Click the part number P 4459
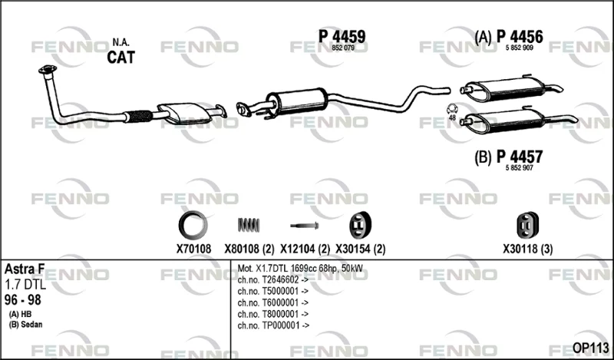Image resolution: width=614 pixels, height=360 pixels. tap(342, 36)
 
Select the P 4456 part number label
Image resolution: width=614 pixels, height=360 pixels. tap(520, 37)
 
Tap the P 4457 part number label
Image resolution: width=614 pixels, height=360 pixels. tap(520, 157)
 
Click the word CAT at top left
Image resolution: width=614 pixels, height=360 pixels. tap(121, 58)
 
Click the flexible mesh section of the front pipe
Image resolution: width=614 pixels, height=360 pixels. tap(140, 116)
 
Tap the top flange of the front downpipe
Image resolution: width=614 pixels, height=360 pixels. tap(48, 70)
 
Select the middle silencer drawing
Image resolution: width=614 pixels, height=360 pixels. tap(297, 102)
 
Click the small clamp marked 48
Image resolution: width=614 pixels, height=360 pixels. tap(452, 108)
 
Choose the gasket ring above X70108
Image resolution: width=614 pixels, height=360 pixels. tap(193, 225)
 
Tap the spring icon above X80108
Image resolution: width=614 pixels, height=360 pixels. tap(249, 225)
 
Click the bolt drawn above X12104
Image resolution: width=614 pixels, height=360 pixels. tap(304, 226)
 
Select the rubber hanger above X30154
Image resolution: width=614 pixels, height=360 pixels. tap(360, 225)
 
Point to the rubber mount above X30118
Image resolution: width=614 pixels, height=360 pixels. tap(527, 225)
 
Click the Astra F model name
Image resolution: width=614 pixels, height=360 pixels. tap(25, 269)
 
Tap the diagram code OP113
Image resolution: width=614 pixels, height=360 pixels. tap(590, 348)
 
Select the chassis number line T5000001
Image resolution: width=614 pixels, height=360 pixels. tap(273, 291)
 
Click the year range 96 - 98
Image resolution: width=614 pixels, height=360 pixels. tap(23, 300)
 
